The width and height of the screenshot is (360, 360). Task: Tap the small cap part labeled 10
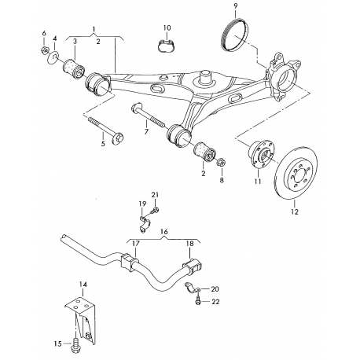(166, 45)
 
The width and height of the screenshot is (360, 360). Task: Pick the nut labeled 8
(222, 163)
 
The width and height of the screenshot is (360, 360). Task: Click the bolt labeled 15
(75, 343)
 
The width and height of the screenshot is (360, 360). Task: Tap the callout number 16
(164, 233)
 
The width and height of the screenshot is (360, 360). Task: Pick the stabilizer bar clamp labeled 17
(130, 262)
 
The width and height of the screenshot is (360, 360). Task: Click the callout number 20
(215, 288)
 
